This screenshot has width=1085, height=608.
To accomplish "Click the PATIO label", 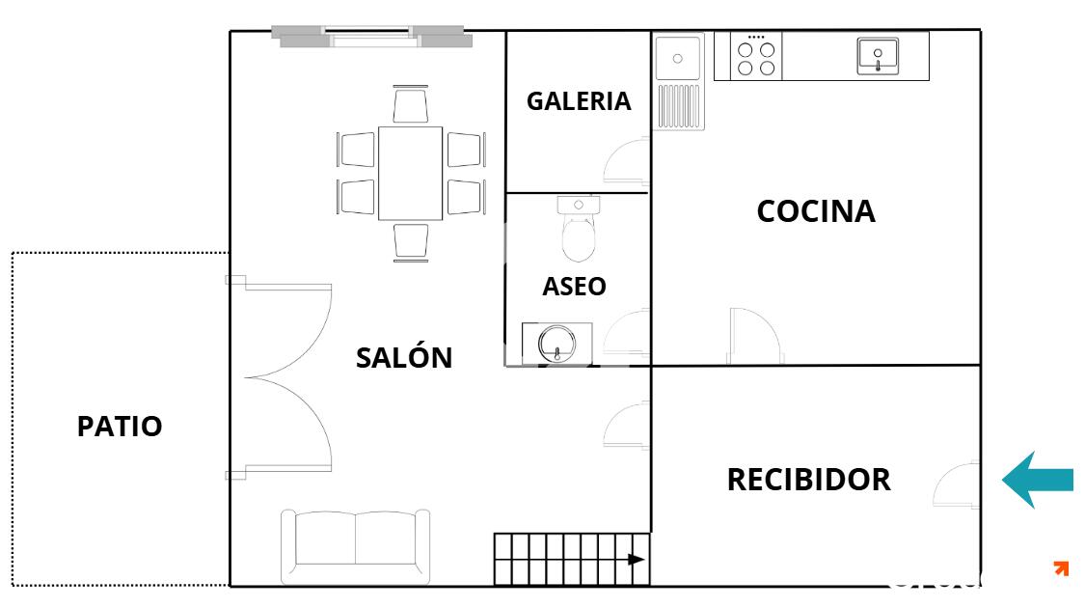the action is click(120, 426).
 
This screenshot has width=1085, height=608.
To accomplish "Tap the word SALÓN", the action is click(404, 357).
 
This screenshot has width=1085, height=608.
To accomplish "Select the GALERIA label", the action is click(579, 101).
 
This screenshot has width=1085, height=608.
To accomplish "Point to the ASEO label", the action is click(575, 286).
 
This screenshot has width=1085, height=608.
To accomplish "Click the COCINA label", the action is click(816, 211).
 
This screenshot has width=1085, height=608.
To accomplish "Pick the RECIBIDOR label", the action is click(809, 480).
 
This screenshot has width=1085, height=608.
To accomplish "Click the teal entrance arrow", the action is click(1037, 480).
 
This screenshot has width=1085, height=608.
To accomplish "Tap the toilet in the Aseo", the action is click(579, 229).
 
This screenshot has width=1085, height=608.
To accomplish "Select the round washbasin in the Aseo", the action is click(557, 344).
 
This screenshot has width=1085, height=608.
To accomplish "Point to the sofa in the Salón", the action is click(356, 546).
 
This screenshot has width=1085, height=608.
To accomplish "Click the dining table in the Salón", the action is click(410, 173).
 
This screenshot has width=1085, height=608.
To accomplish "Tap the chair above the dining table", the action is click(410, 104).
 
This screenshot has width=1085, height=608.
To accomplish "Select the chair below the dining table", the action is click(410, 242).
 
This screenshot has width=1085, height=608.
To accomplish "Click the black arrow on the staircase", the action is click(636, 559).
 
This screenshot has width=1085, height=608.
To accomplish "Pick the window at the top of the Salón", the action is click(371, 36).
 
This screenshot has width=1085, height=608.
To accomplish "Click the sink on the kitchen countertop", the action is click(878, 56).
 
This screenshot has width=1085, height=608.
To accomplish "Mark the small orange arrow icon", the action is click(1061, 567).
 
